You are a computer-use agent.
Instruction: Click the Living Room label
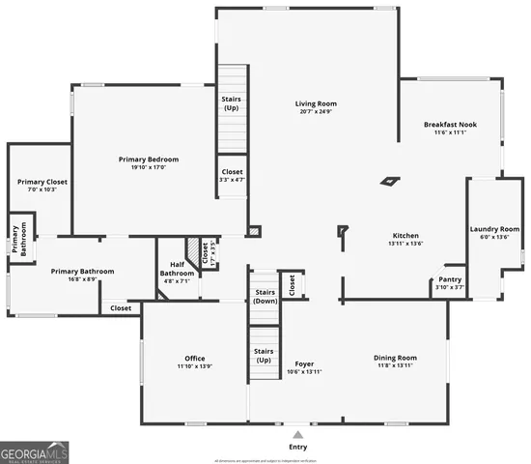[316, 103]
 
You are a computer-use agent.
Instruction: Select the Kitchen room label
[405, 236]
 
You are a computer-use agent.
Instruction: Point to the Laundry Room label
[494, 229]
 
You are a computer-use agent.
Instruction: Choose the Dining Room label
[394, 359]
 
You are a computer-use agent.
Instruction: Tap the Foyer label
[304, 364]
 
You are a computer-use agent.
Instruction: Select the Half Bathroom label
[178, 269]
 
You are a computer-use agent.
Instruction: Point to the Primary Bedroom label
[149, 159]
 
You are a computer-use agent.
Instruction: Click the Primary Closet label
[38, 181]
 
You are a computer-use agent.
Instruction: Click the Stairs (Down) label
[265, 296]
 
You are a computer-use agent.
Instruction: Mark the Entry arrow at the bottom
[297, 436]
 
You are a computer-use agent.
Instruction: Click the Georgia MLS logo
[34, 451]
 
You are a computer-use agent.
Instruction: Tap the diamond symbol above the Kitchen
[389, 181]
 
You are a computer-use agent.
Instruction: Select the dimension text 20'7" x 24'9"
[316, 111]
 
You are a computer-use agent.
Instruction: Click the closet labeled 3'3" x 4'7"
[233, 175]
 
